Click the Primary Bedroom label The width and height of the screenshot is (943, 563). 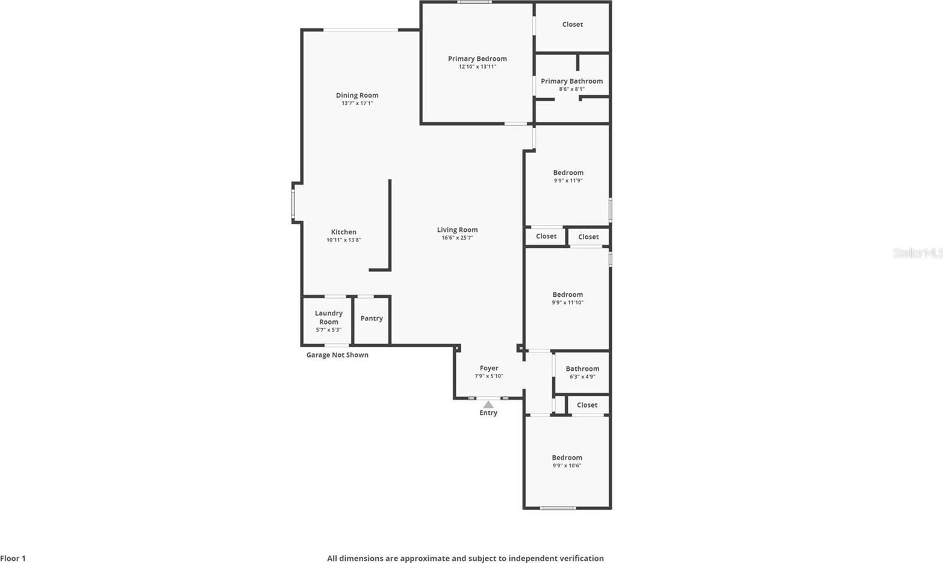point(478,59)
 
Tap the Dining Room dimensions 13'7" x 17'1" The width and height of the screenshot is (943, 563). point(357,103)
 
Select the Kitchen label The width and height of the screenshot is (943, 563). point(343,232)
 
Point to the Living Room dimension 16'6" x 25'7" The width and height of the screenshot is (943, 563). point(457,238)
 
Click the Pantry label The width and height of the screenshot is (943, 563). point(372,319)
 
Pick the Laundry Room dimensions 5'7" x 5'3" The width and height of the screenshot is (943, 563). point(328,330)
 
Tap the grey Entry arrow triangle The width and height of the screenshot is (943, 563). point(488,405)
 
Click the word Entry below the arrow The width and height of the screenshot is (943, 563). point(488,412)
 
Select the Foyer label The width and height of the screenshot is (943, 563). point(489,368)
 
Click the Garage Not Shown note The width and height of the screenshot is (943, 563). point(337,355)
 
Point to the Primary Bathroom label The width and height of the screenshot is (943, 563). point(571,81)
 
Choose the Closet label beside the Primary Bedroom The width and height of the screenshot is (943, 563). point(573,25)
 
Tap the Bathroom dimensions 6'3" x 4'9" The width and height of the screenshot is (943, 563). point(582,377)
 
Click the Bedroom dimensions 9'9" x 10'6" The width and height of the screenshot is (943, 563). point(567,465)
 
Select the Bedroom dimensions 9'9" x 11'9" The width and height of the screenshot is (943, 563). point(568,181)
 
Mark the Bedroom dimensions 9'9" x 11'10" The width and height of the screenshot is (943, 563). point(567,302)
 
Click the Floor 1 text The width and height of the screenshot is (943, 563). point(13,558)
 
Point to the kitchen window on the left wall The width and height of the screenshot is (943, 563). point(293,204)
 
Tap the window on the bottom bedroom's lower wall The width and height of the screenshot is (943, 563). point(558,508)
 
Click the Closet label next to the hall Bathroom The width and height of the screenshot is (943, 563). point(587,405)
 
